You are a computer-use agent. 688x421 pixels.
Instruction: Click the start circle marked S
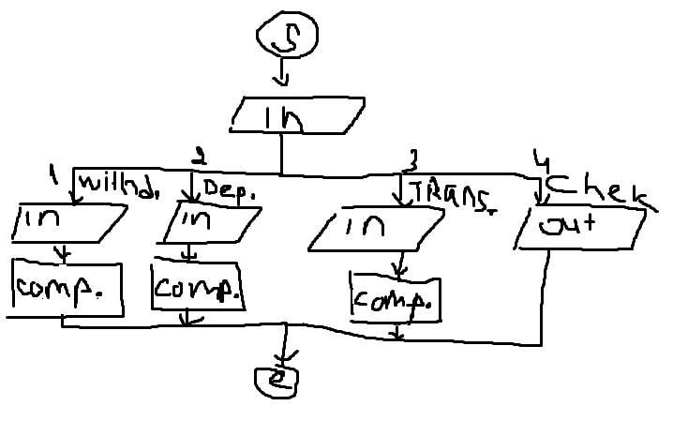point(287,36)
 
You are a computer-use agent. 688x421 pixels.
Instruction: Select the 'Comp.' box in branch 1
point(67,290)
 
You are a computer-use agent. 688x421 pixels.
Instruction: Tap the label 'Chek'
point(595,191)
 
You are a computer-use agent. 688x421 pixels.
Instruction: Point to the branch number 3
point(411,158)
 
